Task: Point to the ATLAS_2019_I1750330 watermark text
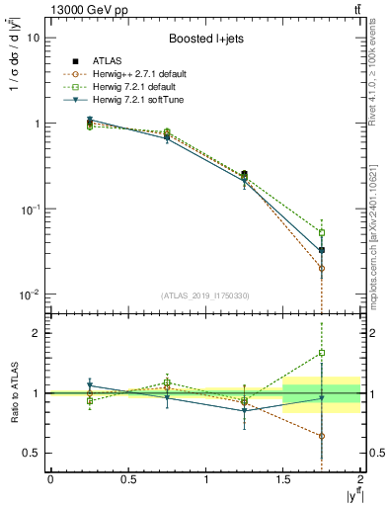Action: (205, 295)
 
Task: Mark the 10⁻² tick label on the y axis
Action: (30, 295)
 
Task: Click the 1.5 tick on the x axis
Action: (283, 479)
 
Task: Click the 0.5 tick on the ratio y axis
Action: (33, 453)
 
